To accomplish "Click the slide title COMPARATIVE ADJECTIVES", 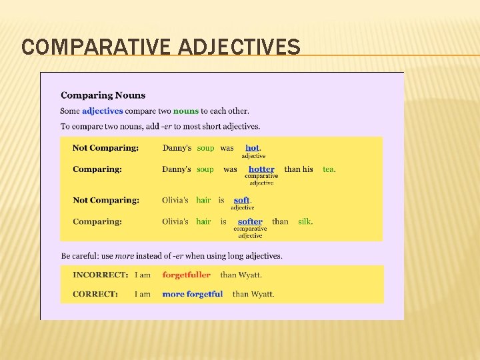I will pos(161,47).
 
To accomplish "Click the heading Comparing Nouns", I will pos(103,95).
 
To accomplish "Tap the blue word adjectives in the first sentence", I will pos(103,111).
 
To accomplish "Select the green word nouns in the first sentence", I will pos(186,111).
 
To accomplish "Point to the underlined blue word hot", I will pos(253,148).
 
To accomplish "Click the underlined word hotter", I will pos(261,169).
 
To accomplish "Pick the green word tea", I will pos(329,169).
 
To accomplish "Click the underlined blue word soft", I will pos(242,200).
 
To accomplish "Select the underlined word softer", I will pos(250,221).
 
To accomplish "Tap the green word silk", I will pos(305,221).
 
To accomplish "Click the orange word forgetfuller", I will pos(186,275).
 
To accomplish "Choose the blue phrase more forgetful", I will pos(192,294).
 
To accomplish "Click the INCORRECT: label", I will pos(100,275).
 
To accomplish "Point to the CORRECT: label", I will pos(95,294).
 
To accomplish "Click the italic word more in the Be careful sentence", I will pos(124,256).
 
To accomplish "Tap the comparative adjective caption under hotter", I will pos(261,179).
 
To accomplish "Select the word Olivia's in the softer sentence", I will pos(175,221).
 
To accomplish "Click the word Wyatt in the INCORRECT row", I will pos(251,275).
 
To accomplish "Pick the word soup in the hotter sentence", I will pos(205,169).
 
